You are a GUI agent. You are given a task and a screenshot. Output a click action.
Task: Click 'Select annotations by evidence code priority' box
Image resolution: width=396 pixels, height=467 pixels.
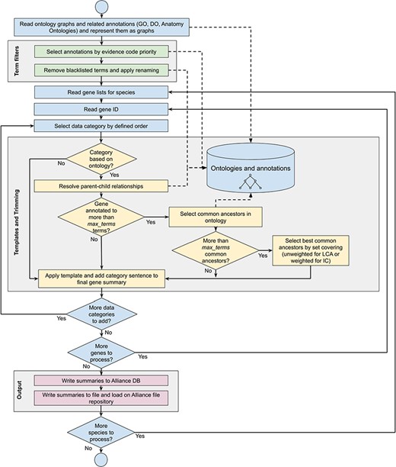point(101,53)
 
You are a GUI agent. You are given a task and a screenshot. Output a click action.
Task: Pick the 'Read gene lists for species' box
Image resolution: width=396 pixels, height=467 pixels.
point(101,92)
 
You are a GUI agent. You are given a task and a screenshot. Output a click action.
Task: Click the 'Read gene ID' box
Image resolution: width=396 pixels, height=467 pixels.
point(101,109)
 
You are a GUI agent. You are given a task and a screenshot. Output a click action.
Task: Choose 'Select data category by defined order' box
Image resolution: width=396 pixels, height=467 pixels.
point(101,126)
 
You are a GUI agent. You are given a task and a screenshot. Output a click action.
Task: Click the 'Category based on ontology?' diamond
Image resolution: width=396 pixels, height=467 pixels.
point(101,161)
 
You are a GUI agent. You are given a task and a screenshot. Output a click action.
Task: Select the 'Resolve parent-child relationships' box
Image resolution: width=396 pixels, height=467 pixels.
point(101,185)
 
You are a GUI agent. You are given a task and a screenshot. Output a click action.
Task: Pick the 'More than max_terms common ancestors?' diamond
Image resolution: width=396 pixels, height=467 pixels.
point(217,254)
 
